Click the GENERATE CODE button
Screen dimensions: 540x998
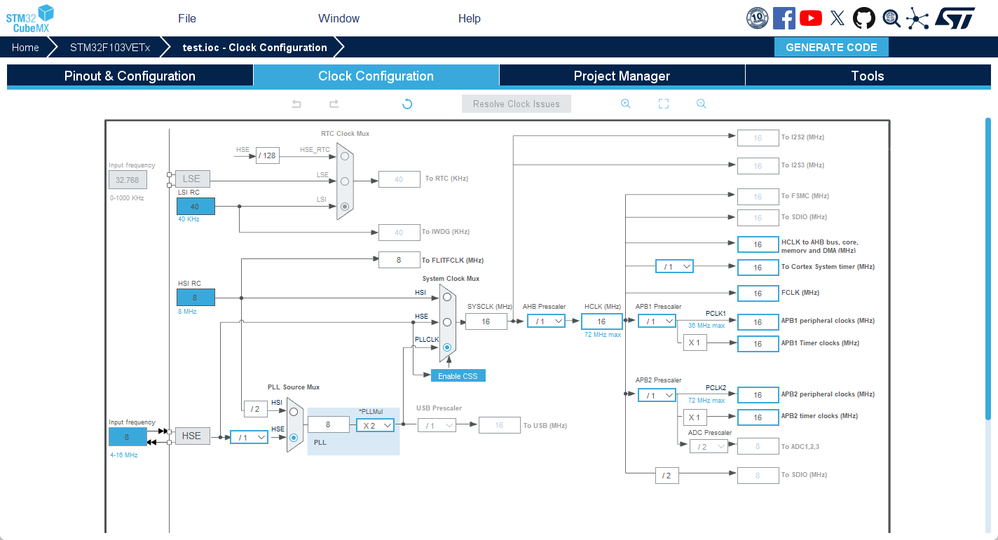tap(831, 48)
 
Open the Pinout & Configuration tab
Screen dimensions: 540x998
tap(130, 76)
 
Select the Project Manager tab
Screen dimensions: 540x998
tap(622, 76)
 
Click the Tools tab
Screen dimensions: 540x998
tap(867, 76)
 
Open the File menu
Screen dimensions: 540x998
tap(187, 18)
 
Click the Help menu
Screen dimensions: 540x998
tap(470, 18)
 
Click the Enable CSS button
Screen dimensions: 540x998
tap(458, 376)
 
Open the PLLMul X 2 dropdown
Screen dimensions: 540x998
tap(375, 425)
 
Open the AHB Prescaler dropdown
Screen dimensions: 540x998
tap(546, 321)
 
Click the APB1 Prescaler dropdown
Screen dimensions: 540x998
tap(657, 321)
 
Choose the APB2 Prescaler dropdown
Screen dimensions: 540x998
tap(657, 395)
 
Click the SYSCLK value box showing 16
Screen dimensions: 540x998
tap(486, 321)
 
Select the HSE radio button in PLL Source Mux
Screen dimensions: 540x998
tap(294, 438)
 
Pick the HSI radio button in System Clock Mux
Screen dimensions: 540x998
tap(447, 297)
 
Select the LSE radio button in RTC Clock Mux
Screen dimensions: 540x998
tap(345, 181)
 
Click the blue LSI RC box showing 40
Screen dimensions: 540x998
tap(196, 207)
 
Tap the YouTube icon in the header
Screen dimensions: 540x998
tap(811, 18)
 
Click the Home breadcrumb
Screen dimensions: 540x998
tap(25, 48)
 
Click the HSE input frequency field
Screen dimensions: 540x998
tap(128, 437)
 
